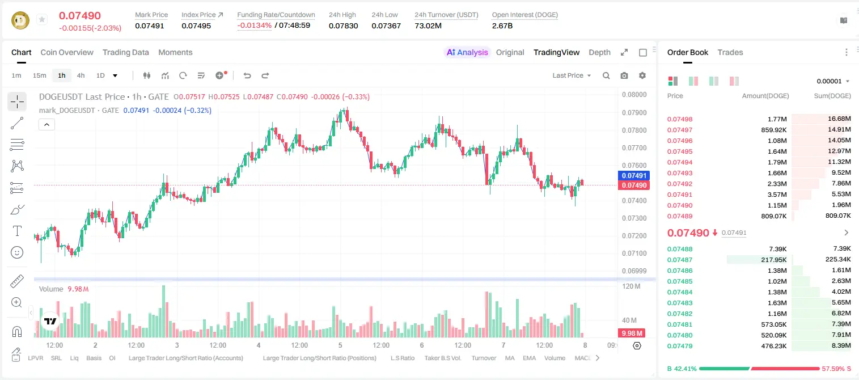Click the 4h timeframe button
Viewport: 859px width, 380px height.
click(x=81, y=75)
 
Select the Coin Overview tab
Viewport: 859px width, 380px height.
click(x=67, y=52)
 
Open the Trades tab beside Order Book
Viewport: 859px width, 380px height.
click(x=730, y=52)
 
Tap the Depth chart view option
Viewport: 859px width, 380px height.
click(x=599, y=52)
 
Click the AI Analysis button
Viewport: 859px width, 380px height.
click(x=467, y=52)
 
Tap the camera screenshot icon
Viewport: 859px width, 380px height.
click(x=624, y=75)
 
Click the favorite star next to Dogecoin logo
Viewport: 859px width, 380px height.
click(x=42, y=19)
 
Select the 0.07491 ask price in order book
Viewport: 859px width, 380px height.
click(x=679, y=195)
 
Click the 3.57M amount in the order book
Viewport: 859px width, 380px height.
click(x=777, y=195)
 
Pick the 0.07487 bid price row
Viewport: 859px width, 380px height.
click(x=679, y=260)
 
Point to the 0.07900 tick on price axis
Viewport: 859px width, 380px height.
click(x=634, y=112)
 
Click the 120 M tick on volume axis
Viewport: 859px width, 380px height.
click(x=631, y=286)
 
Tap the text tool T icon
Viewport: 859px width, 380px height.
click(x=17, y=231)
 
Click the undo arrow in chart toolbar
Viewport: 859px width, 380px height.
click(x=247, y=75)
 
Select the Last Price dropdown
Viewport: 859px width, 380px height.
click(x=572, y=75)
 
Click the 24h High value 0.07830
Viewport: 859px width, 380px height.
click(x=343, y=26)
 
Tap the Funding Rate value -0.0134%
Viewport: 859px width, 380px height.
click(x=254, y=26)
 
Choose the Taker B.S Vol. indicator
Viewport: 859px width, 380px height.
click(x=442, y=358)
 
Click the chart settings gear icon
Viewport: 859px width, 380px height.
click(x=642, y=75)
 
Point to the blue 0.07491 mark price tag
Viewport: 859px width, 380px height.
click(x=634, y=176)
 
